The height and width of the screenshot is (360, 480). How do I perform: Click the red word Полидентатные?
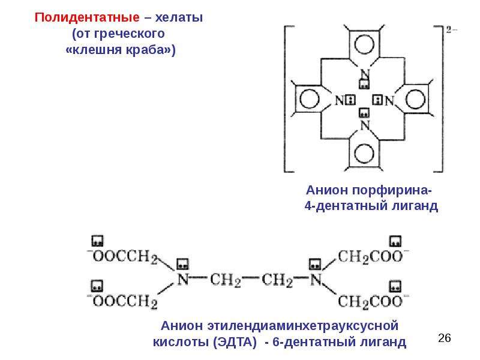[87, 17]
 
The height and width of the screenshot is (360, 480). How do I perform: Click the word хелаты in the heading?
[179, 17]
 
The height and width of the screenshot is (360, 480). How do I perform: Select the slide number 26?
[445, 338]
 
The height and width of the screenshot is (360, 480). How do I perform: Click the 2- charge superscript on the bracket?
[451, 30]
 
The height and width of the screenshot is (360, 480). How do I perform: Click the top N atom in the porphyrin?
[365, 74]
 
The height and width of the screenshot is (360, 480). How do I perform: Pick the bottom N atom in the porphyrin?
[365, 125]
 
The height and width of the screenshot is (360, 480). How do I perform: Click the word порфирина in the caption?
[392, 190]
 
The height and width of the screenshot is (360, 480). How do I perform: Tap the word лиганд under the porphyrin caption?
[415, 206]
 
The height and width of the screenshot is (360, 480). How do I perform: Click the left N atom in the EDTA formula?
[183, 280]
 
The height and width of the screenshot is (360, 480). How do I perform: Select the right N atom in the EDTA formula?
[316, 280]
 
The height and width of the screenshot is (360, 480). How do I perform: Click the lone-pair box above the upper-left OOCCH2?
[97, 241]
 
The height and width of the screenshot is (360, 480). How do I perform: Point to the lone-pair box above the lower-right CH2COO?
[395, 287]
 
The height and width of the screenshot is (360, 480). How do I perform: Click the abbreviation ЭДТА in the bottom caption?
[235, 341]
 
